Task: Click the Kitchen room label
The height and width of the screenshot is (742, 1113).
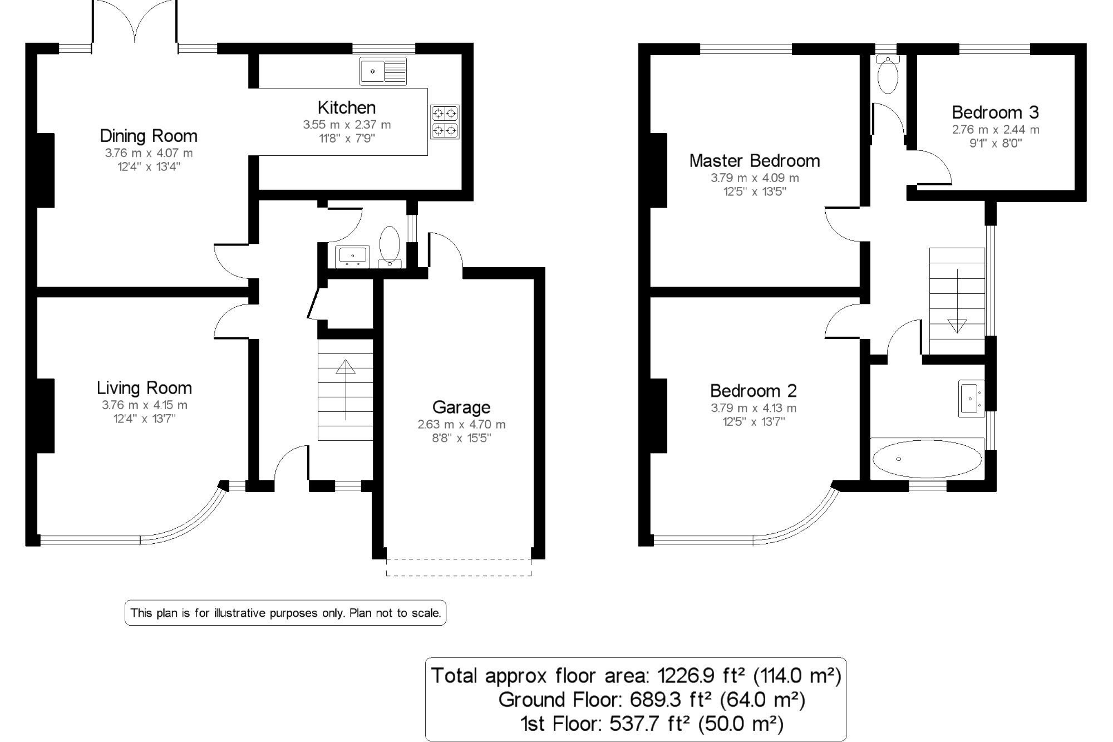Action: pyautogui.click(x=346, y=107)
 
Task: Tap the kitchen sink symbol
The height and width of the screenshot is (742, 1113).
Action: pyautogui.click(x=383, y=71)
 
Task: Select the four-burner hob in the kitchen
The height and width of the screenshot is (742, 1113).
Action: pyautogui.click(x=445, y=122)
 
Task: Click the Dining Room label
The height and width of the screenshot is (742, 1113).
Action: pyautogui.click(x=149, y=136)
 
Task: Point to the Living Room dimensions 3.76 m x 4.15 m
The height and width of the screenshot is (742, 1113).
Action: pyautogui.click(x=145, y=405)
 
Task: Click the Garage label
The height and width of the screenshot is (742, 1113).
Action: pyautogui.click(x=461, y=407)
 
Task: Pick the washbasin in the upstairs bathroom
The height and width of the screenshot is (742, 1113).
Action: pyautogui.click(x=971, y=399)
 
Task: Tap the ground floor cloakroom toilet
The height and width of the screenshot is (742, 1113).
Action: pyautogui.click(x=390, y=245)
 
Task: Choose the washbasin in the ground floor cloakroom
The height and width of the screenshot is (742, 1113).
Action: pyautogui.click(x=353, y=256)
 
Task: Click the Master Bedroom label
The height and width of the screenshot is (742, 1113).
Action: pyautogui.click(x=755, y=161)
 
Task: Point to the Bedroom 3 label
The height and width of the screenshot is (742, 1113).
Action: pyautogui.click(x=995, y=112)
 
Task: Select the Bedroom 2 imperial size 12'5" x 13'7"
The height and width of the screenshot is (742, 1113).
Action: pyautogui.click(x=754, y=422)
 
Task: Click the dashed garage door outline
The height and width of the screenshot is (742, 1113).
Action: pyautogui.click(x=459, y=574)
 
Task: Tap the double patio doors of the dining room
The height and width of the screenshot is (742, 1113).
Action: pyautogui.click(x=135, y=22)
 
